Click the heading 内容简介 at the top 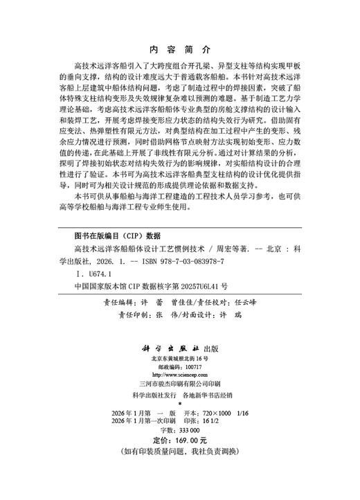pyautogui.click(x=179, y=51)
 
